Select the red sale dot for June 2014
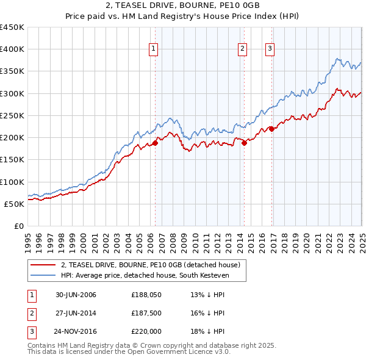(x=244, y=143)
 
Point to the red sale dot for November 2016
(x=271, y=129)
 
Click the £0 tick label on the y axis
(x=18, y=226)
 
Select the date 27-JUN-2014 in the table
(x=76, y=313)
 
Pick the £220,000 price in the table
(x=146, y=331)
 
